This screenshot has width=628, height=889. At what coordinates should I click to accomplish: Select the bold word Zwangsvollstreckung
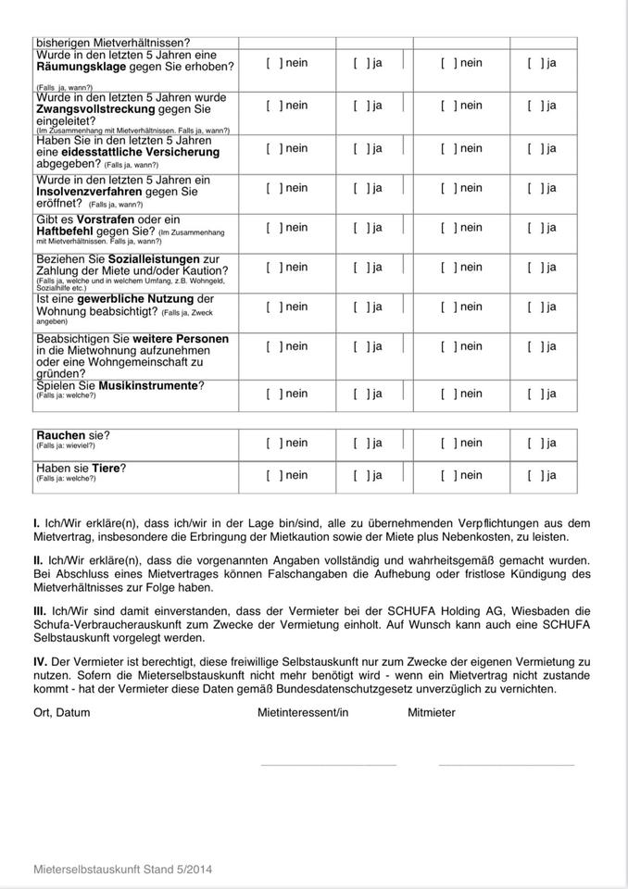click(x=95, y=109)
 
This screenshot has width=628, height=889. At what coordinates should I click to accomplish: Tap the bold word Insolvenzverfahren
click(x=88, y=192)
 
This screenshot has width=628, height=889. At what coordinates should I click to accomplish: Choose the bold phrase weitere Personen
click(x=180, y=339)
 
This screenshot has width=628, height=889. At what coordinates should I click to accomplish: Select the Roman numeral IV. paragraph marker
click(x=40, y=662)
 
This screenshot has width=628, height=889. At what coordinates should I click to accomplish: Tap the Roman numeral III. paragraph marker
click(x=40, y=611)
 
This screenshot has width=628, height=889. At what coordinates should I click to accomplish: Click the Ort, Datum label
click(x=61, y=713)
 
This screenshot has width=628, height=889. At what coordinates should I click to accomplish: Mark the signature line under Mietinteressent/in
click(x=328, y=765)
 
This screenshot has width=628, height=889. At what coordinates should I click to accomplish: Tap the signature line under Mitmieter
click(x=506, y=765)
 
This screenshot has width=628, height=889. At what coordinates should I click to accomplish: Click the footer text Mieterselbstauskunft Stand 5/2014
click(x=122, y=870)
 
